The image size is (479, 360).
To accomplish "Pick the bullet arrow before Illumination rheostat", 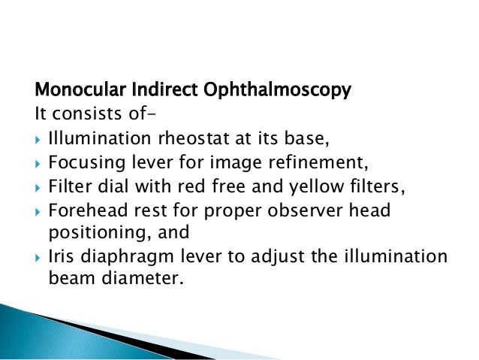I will pos(39,140).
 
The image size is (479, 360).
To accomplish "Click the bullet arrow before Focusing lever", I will pos(39,163).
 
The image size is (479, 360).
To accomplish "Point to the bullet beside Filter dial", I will pos(39,186).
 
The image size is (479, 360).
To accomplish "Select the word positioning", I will pos(86,231).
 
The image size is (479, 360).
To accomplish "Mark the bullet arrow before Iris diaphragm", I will pos(39,256).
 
